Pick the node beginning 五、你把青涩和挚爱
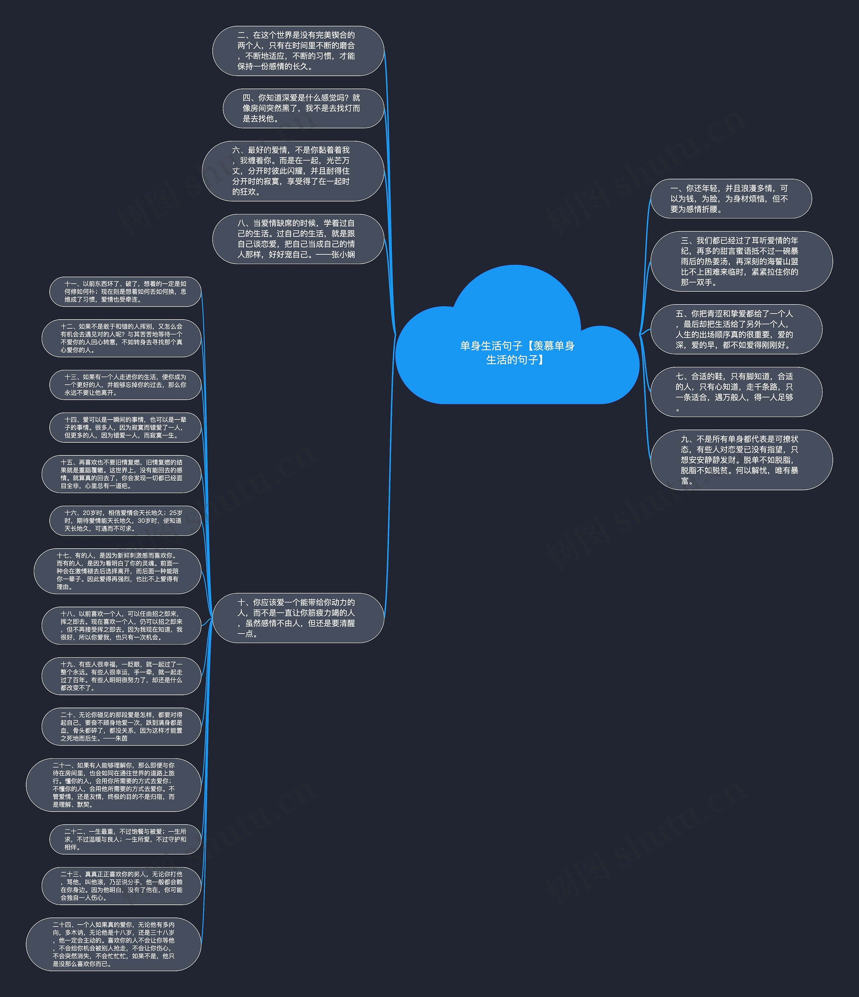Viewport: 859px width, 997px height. coord(736,329)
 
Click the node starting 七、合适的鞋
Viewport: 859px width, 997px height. coord(736,392)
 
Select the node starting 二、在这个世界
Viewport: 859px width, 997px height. coord(298,51)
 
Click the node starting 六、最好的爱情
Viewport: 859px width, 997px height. coord(292,171)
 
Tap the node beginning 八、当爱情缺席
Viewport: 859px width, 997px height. coord(298,239)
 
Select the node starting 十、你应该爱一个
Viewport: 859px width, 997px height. coord(298,618)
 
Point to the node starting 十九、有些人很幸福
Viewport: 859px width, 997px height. coord(121,676)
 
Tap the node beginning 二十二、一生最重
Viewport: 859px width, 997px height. coord(125,839)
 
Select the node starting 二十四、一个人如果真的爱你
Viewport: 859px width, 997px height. coord(114,944)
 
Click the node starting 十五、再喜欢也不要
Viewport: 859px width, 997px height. coord(121,474)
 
